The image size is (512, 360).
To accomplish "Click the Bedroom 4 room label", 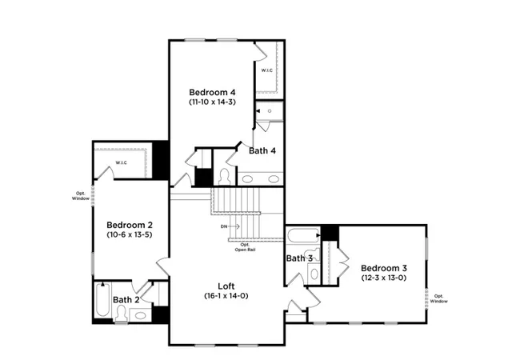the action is click(x=212, y=92).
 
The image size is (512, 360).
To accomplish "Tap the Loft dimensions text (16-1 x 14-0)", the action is click(x=226, y=296).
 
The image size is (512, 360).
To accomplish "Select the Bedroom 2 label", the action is click(x=130, y=225).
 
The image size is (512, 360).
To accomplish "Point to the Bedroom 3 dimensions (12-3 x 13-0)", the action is click(x=384, y=278).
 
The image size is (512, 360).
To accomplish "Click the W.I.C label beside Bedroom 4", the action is click(x=266, y=70).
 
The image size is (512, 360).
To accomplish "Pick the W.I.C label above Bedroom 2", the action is click(x=121, y=162).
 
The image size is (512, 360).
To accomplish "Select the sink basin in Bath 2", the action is click(x=141, y=315).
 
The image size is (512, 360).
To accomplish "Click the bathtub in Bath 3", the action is click(x=302, y=235).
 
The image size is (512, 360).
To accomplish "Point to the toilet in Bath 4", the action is click(x=224, y=177).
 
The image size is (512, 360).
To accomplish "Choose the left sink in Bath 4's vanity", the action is click(x=247, y=179).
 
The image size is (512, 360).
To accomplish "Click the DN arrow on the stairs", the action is click(x=234, y=226).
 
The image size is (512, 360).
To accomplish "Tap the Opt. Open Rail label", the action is click(x=245, y=247).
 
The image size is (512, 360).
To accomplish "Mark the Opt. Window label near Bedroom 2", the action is click(x=80, y=196).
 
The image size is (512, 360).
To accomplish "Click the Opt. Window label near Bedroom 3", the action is click(x=438, y=298).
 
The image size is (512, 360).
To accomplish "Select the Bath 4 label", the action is click(x=262, y=150).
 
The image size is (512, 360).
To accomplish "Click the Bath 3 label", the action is click(x=299, y=258).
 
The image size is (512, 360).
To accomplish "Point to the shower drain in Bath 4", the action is click(x=270, y=111).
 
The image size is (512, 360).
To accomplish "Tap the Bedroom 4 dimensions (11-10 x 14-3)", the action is click(x=212, y=102).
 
